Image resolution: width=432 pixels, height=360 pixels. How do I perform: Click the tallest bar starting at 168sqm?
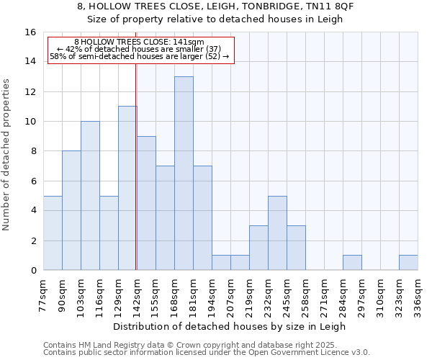[184, 174]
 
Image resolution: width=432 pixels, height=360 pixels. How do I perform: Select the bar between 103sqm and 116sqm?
[90, 196]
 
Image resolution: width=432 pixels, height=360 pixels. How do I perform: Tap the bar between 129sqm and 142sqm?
[127, 188]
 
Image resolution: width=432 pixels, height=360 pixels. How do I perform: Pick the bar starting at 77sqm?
[53, 233]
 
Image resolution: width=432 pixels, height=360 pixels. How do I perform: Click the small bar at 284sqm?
[352, 263]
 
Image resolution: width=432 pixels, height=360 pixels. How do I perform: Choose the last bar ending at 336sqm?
[408, 263]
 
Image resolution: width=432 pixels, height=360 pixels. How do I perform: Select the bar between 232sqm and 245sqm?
[277, 233]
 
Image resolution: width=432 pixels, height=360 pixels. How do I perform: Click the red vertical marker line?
[136, 166]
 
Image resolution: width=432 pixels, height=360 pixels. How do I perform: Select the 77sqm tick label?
[43, 295]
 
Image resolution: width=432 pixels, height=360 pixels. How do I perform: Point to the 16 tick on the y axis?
[30, 32]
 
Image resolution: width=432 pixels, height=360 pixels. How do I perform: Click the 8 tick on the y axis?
[33, 151]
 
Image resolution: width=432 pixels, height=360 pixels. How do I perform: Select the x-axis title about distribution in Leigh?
[230, 326]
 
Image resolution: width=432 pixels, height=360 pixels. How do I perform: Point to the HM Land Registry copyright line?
[190, 346]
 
